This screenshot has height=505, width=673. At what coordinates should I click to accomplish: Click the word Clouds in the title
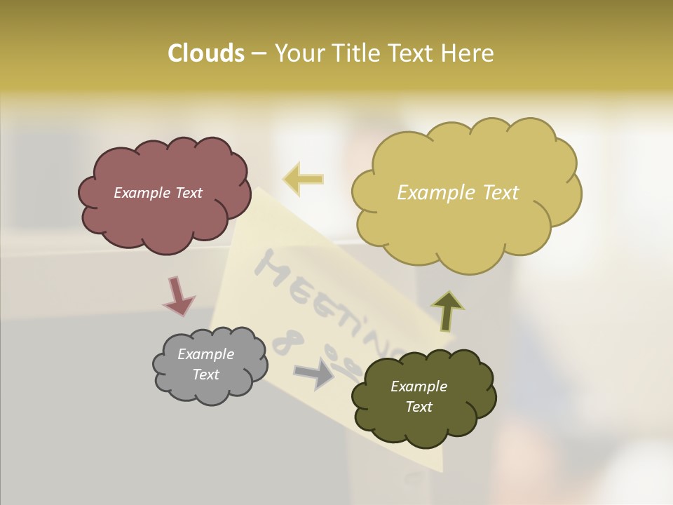205,53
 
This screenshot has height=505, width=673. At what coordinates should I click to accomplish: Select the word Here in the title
469,53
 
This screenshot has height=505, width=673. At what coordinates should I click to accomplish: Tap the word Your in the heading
300,53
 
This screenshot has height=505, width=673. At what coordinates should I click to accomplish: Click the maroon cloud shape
165,210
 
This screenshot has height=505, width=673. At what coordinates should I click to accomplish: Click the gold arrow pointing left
303,180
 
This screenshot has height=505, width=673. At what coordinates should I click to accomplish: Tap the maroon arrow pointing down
178,296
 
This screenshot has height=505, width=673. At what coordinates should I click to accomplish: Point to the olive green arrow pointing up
447,311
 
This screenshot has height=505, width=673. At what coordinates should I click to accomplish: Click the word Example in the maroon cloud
140,193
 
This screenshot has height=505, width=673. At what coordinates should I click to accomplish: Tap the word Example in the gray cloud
205,354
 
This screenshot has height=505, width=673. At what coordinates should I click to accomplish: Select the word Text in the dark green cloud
419,407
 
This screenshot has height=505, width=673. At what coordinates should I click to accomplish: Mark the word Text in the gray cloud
205,375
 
